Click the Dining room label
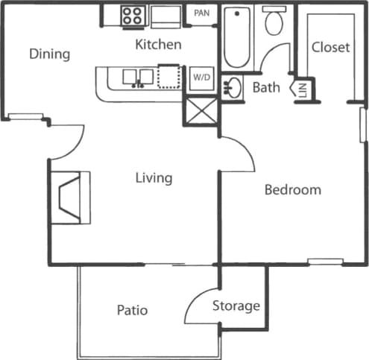pos(49,54)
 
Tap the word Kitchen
pos(158,45)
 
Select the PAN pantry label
pos(201,13)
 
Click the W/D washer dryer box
pos(201,77)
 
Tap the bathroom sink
pos(233,86)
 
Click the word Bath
pos(266,87)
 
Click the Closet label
pos(330,48)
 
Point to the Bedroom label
pos(293,190)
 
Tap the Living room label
pos(154,178)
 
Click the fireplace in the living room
pos(72,197)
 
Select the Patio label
pos(132,309)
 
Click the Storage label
pos(236,306)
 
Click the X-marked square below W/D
pos(201,110)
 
